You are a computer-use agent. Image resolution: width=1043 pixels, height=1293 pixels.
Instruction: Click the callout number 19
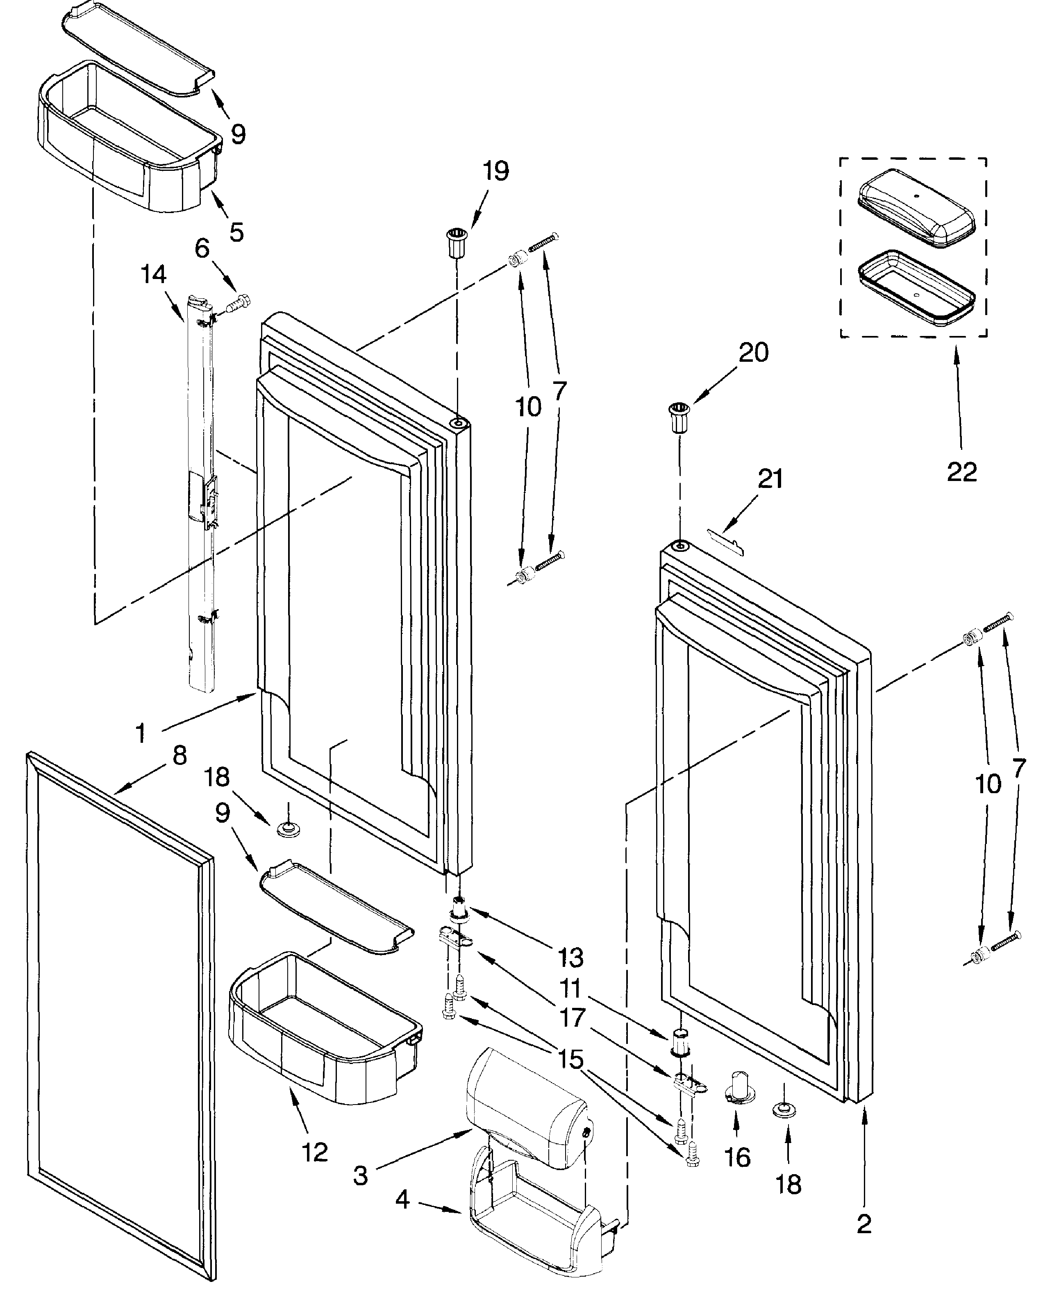pos(495,171)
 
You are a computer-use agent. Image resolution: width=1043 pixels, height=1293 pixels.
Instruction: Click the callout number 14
pos(153,274)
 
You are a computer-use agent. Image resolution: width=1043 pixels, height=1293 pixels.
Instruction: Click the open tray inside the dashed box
pos(916,289)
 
